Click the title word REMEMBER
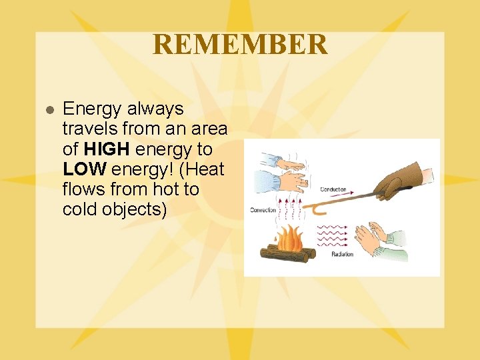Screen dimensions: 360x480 240,45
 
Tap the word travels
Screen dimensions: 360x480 91,129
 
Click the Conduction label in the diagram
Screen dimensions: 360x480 333,189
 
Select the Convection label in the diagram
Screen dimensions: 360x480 262,211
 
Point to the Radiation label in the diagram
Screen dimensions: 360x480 342,255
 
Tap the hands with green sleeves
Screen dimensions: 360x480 380,241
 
